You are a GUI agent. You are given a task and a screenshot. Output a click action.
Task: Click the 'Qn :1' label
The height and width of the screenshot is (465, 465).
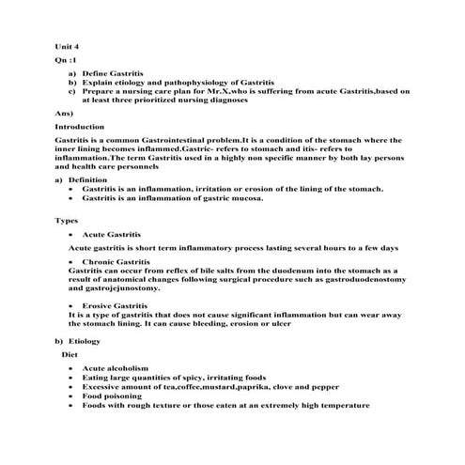click(67, 59)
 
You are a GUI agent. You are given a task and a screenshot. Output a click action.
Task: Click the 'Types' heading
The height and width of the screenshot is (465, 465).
click(66, 220)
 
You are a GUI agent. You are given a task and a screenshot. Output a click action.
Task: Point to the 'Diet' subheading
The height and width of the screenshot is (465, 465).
click(70, 355)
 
